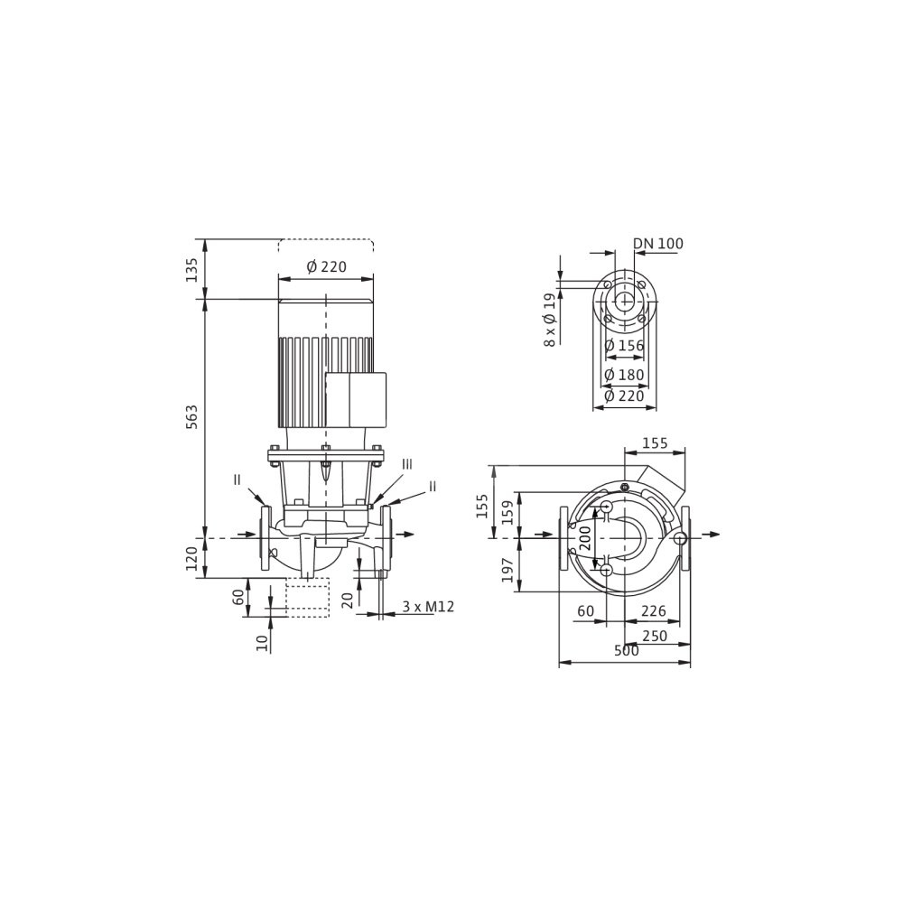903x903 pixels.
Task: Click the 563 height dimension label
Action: pos(191,417)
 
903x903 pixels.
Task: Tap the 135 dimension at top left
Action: pos(191,269)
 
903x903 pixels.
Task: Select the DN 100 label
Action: pos(658,244)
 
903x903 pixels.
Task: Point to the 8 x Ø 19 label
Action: pos(551,320)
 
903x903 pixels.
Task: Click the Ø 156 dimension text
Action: pos(624,346)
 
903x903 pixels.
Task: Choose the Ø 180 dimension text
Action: pos(624,375)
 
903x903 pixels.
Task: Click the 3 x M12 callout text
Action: pos(428,607)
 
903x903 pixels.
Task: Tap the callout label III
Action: pos(407,464)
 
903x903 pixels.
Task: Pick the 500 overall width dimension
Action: pos(627,651)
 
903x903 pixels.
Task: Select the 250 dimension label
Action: pos(655,636)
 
